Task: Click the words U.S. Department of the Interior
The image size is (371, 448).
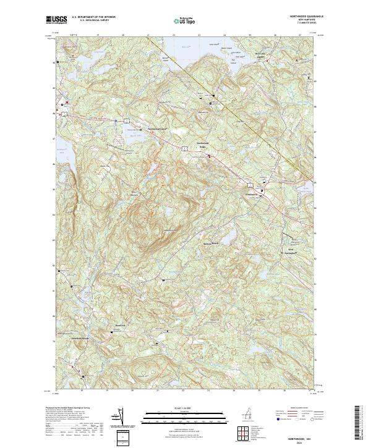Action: coord(93,18)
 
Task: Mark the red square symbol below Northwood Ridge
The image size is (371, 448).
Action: coord(208,156)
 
